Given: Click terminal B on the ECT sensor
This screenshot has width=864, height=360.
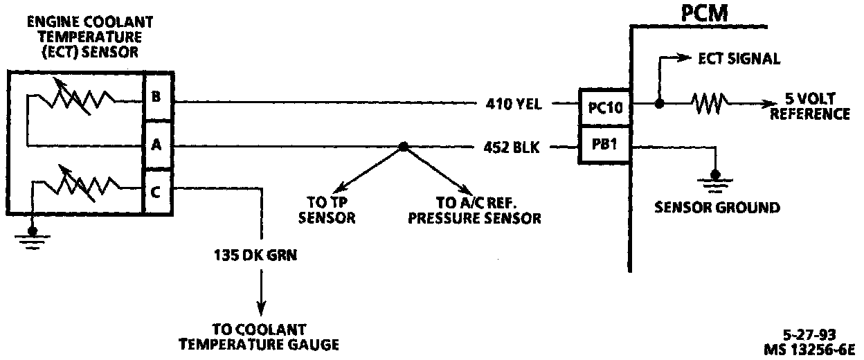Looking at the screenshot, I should coord(156,97).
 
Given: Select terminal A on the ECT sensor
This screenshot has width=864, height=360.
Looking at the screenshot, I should coord(156,145).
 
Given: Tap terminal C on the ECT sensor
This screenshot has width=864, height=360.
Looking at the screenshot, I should coord(156,192).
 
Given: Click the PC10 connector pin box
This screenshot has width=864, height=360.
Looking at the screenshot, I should coord(604,107).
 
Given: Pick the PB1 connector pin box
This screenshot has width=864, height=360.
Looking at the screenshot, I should coord(604,145).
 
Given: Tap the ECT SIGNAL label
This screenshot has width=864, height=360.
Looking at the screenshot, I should coord(739,60).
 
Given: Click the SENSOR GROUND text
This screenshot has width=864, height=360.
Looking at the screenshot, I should coord(717,207).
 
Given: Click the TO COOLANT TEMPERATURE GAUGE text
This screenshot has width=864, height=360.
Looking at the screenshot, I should coord(260,336).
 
